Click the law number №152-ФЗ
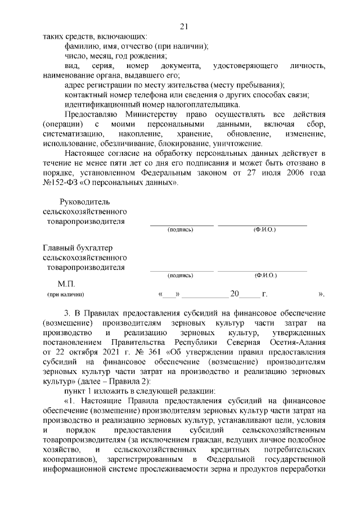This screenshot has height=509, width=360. (x=60, y=183)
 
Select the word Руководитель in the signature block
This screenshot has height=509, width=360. (x=86, y=202)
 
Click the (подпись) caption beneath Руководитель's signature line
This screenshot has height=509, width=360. (x=181, y=229)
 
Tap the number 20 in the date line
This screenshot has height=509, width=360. (x=235, y=293)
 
